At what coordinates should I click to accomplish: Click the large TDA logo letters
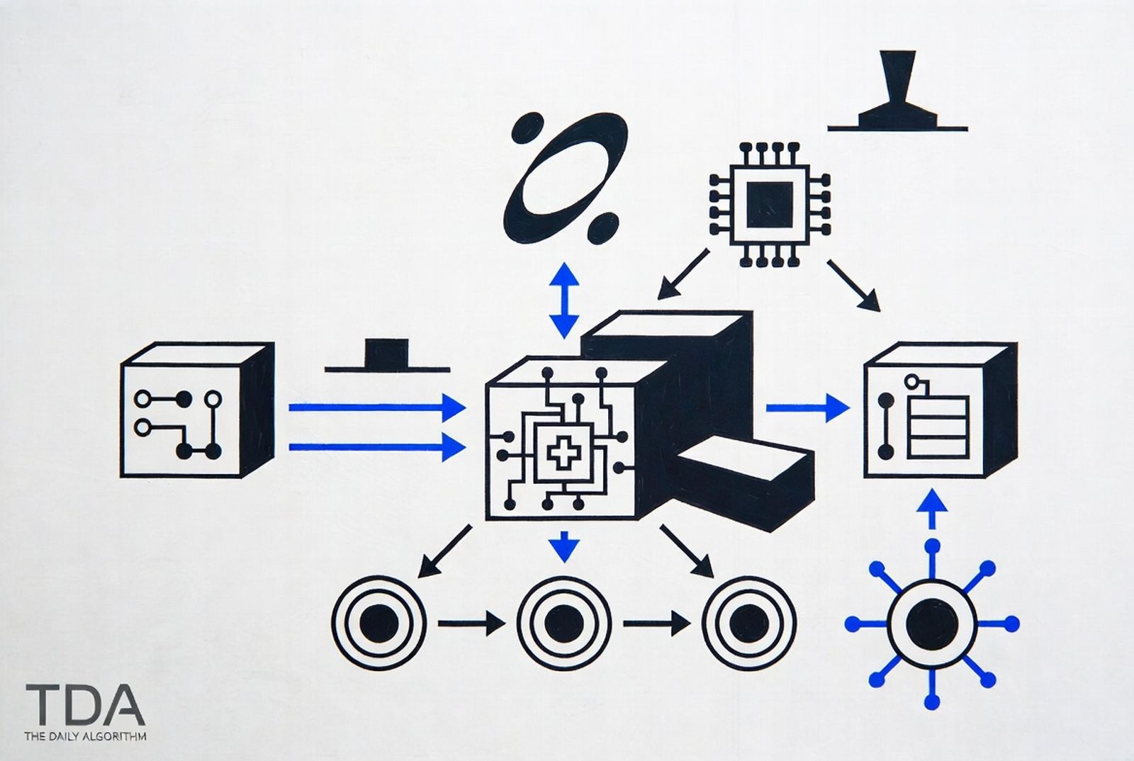(x=85, y=704)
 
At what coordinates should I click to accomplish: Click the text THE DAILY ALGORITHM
(x=86, y=736)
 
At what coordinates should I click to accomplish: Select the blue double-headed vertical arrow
(x=564, y=300)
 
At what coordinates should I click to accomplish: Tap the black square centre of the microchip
(x=770, y=205)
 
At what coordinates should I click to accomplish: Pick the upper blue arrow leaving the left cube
(x=377, y=407)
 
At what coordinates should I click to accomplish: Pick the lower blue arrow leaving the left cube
(x=377, y=447)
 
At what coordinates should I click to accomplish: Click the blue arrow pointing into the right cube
(x=808, y=408)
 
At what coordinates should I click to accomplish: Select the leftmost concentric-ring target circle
(x=378, y=623)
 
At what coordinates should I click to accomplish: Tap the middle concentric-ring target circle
(x=564, y=623)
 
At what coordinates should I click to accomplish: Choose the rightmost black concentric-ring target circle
(x=748, y=623)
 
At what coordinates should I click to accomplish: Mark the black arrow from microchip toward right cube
(x=853, y=286)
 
